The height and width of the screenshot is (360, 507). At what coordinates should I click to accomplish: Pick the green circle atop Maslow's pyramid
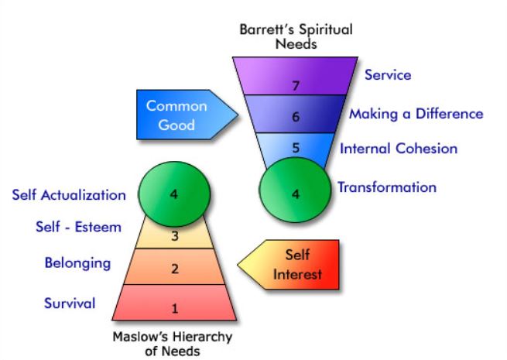pyautogui.click(x=174, y=194)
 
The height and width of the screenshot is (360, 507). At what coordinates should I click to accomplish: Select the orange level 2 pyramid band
pyautogui.click(x=174, y=268)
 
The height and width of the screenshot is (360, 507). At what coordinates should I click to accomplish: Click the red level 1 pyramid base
pyautogui.click(x=174, y=306)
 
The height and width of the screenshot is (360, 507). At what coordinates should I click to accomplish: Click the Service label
pyautogui.click(x=387, y=75)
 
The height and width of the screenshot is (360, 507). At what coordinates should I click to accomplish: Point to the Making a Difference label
pyautogui.click(x=416, y=114)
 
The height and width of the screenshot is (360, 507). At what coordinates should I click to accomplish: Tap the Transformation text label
pyautogui.click(x=386, y=187)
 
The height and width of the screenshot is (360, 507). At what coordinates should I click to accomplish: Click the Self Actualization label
pyautogui.click(x=69, y=194)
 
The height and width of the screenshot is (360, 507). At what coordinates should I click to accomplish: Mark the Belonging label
pyautogui.click(x=77, y=262)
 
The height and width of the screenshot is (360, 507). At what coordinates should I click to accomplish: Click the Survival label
pyautogui.click(x=69, y=302)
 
